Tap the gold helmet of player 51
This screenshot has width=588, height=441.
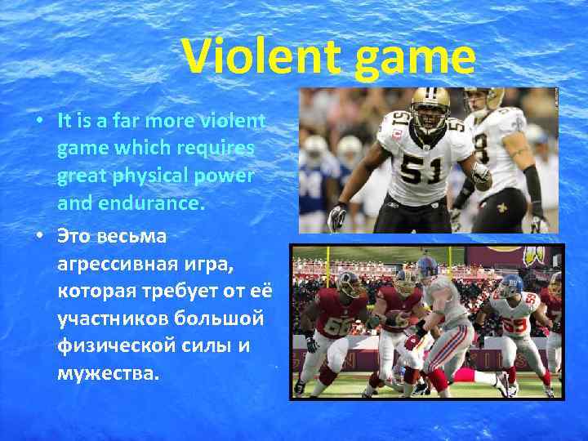pyautogui.click(x=430, y=102)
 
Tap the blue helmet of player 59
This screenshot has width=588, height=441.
pyautogui.click(x=510, y=284)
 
